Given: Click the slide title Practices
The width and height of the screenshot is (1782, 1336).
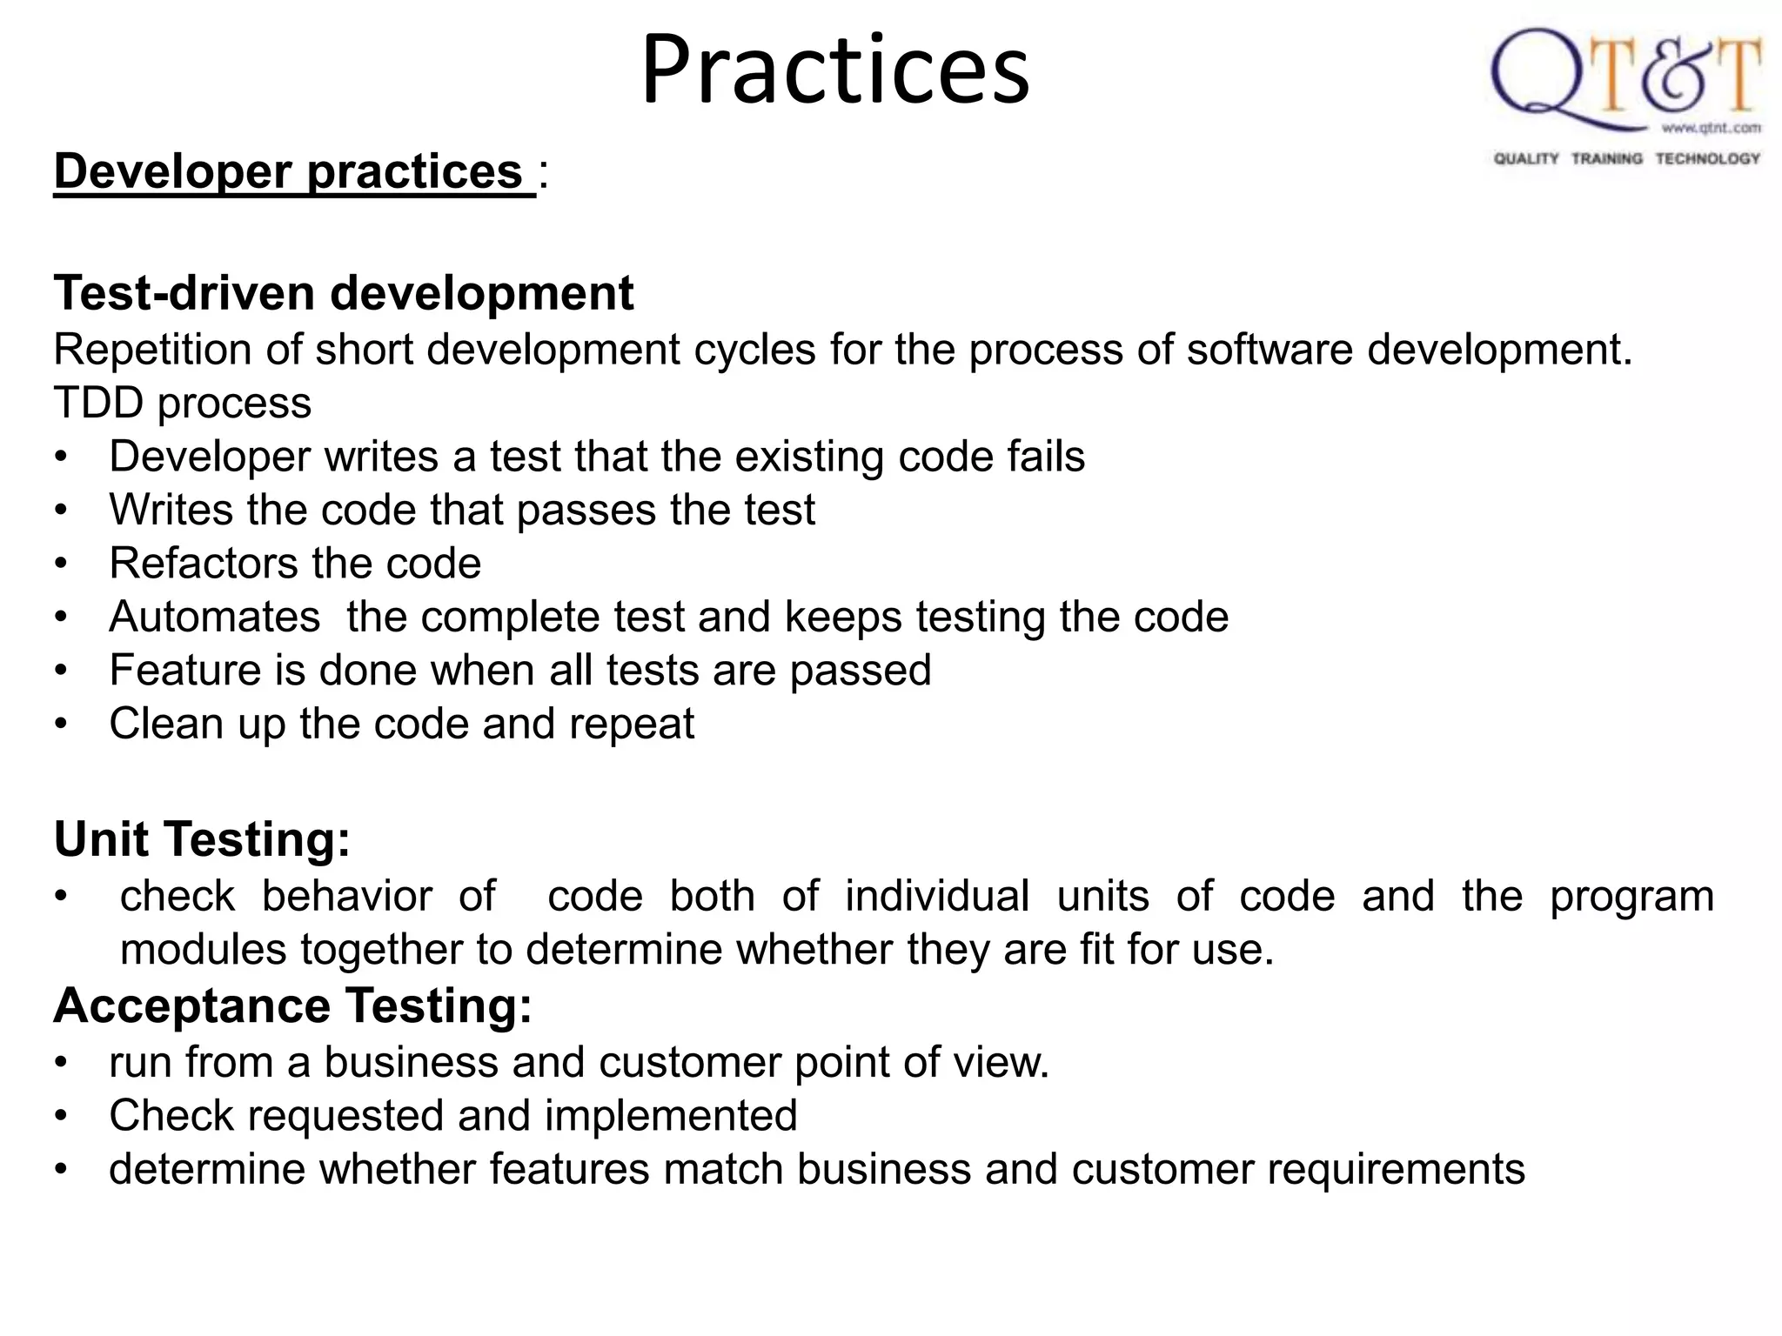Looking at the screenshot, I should coord(835,70).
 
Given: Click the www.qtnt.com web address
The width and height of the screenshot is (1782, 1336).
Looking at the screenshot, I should coord(1711,129).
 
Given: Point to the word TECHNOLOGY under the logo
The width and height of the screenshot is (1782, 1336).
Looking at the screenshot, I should coord(1707,158).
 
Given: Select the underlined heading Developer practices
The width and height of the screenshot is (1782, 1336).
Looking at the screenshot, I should coord(294,171).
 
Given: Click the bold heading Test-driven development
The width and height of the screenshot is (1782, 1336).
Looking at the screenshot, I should coord(344,293).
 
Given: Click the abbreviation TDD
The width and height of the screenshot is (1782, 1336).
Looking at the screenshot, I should coord(97,404).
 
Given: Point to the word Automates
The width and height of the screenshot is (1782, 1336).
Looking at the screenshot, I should coord(214,617).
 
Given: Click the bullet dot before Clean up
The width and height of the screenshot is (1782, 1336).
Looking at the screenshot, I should coord(60,725).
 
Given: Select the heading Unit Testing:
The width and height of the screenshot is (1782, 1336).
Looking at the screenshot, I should coord(202,840).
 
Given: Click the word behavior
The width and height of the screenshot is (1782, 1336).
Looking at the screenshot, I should coord(346,897).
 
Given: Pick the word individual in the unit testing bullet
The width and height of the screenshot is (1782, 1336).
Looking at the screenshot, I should coord(937,897).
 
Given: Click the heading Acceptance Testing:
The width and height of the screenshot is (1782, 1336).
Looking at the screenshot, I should coord(292,1006).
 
